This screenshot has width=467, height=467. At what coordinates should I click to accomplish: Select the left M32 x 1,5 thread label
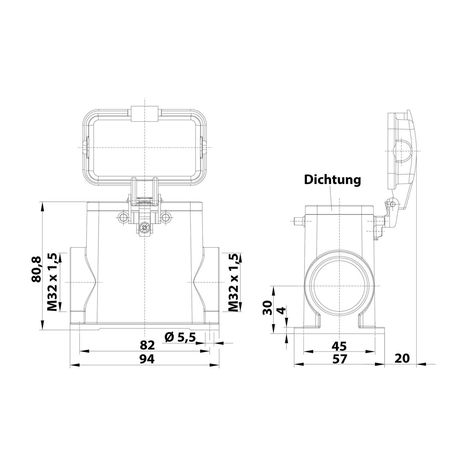52,282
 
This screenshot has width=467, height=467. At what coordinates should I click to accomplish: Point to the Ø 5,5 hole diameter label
180,337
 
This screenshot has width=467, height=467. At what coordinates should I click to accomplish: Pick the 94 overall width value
147,359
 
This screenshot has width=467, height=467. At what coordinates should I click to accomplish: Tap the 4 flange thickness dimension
281,310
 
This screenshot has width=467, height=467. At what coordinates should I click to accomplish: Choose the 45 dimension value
339,346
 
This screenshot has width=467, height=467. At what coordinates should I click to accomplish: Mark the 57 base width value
339,359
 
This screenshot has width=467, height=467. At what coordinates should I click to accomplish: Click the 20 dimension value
402,358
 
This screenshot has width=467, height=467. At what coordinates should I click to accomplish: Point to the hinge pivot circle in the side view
393,204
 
